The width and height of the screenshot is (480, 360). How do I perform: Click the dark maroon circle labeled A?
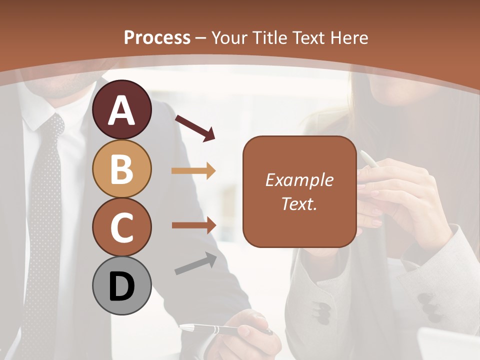[121, 109]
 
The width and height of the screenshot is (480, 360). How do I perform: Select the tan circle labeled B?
[121, 168]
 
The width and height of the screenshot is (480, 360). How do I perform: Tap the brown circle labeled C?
[121, 227]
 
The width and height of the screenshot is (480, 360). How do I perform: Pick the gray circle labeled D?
[121, 285]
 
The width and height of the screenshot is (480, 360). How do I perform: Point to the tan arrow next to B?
[193, 171]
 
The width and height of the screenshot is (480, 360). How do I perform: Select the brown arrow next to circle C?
[194, 225]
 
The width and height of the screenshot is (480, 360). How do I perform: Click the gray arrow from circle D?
[195, 263]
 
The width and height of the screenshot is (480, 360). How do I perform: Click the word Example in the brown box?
[299, 180]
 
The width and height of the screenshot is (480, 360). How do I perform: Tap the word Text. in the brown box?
[299, 203]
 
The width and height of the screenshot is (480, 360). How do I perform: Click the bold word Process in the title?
[157, 37]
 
